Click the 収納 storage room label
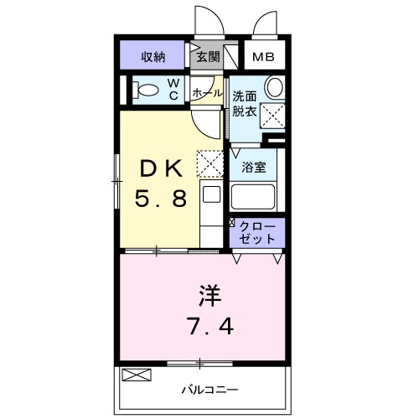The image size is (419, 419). [153, 57]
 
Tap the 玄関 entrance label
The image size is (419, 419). [208, 57]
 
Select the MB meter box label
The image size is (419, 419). [263, 58]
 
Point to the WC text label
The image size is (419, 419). [174, 88]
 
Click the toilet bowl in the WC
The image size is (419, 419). [147, 90]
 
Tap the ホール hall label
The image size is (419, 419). [207, 92]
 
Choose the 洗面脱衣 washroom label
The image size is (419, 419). [246, 101]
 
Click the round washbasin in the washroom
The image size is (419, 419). [274, 86]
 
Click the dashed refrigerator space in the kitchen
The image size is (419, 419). [209, 163]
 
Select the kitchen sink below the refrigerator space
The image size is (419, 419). [212, 195]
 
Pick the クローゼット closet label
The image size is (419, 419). [256, 232]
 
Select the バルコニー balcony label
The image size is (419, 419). [209, 390]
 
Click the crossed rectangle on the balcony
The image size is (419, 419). [134, 375]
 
